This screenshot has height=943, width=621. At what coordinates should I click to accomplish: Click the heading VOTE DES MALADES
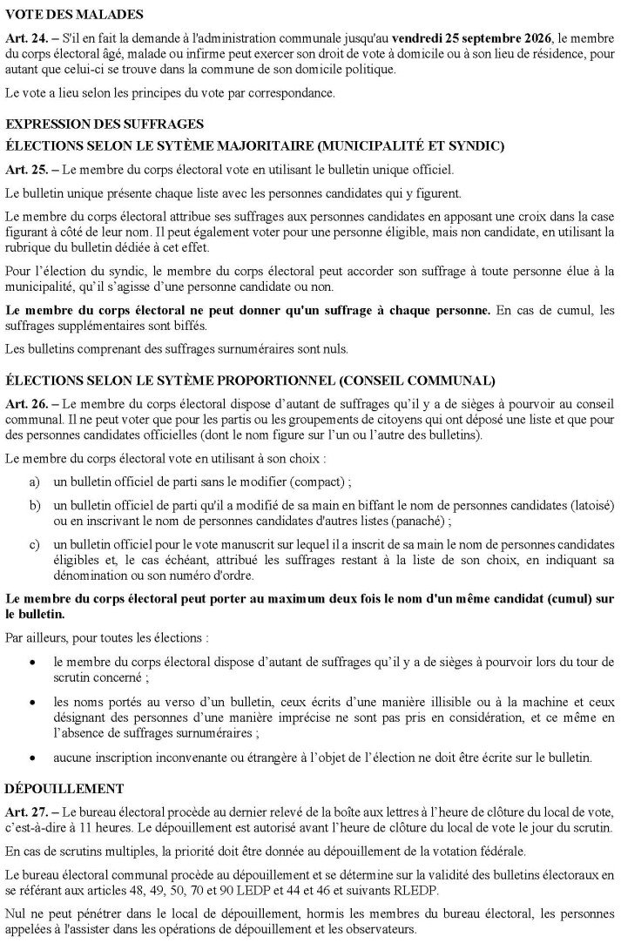(63, 15)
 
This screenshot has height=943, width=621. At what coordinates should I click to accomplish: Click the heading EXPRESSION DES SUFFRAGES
(105, 125)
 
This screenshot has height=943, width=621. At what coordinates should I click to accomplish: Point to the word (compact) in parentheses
(291, 482)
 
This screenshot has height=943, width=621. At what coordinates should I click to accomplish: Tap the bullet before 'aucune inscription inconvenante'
(33, 758)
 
